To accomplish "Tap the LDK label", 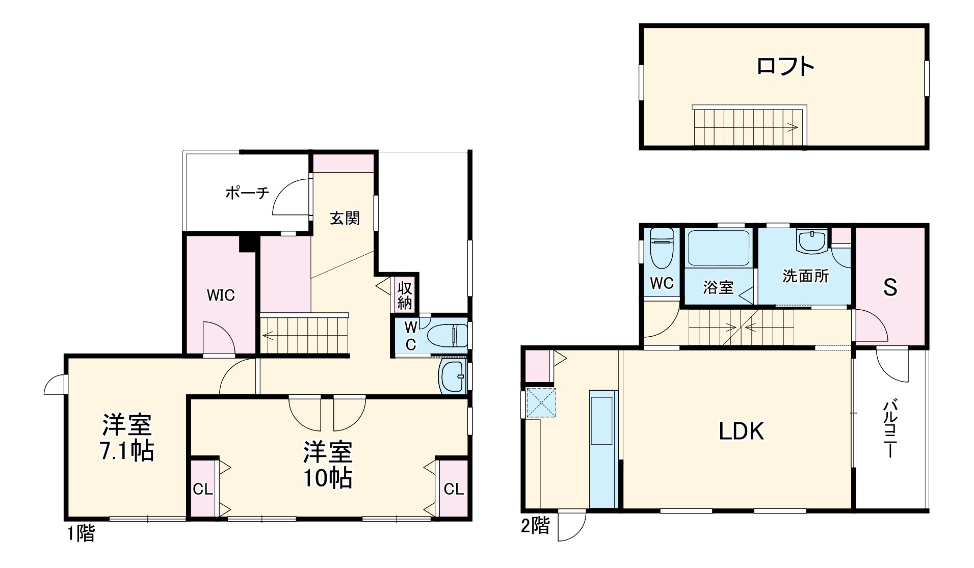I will click(x=741, y=431).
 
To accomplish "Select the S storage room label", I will click(x=890, y=288).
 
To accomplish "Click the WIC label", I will click(x=221, y=295).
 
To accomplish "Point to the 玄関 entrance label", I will click(x=345, y=218).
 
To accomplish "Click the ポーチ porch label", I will click(x=247, y=193).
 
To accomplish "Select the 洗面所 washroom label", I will click(x=805, y=276).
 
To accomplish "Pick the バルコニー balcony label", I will click(x=889, y=429).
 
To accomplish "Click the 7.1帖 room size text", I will click(x=126, y=451).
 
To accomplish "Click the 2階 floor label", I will click(x=534, y=526).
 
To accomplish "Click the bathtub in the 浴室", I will click(x=718, y=248).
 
